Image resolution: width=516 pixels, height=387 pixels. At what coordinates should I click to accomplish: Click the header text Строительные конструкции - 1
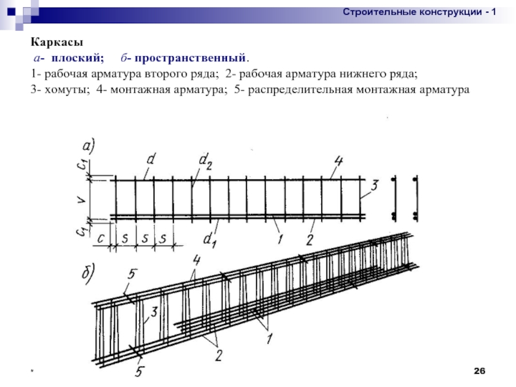[419, 12]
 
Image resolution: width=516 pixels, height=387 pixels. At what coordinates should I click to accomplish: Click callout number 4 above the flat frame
[339, 160]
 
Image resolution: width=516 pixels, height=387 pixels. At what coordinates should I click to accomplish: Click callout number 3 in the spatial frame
[154, 313]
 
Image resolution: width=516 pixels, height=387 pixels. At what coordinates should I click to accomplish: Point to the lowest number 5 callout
[140, 372]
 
